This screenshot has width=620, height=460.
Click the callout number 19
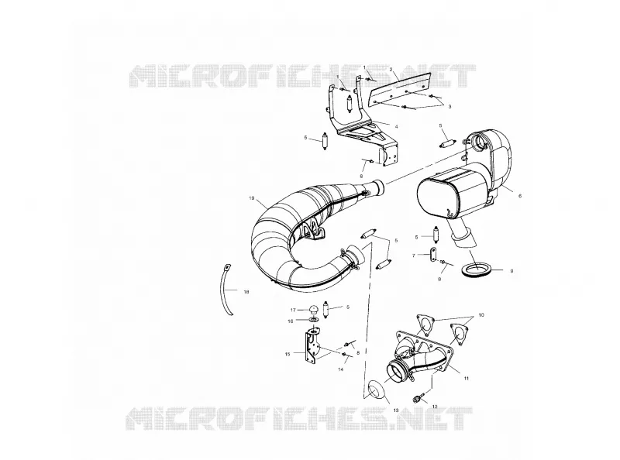pyautogui.click(x=251, y=198)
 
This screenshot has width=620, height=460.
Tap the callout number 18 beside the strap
pyautogui.click(x=246, y=292)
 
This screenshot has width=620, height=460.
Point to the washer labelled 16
pyautogui.click(x=314, y=319)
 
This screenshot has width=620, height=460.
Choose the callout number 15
pyautogui.click(x=288, y=354)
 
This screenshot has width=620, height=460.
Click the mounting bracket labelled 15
pyautogui.click(x=311, y=348)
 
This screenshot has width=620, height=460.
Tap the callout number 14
pyautogui.click(x=341, y=369)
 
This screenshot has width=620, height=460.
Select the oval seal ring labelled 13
pyautogui.click(x=376, y=390)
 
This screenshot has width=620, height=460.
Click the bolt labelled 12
pyautogui.click(x=420, y=396)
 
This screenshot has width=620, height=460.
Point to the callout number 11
pyautogui.click(x=467, y=378)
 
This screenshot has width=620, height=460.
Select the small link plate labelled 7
pyautogui.click(x=432, y=255)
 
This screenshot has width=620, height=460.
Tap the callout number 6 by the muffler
pyautogui.click(x=520, y=196)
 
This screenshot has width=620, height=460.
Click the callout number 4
pyautogui.click(x=396, y=126)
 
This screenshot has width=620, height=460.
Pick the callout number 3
pyautogui.click(x=449, y=106)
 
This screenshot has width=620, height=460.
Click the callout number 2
pyautogui.click(x=391, y=69)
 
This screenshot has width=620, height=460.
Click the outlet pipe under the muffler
pyautogui.click(x=463, y=235)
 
